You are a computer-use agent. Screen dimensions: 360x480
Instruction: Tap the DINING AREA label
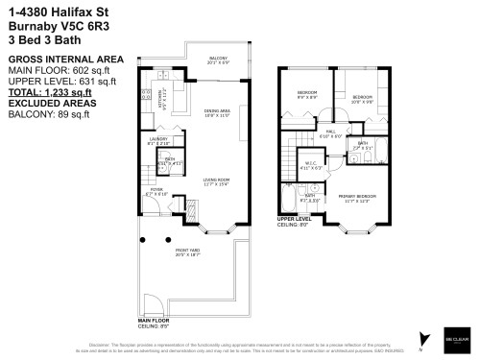[216, 112]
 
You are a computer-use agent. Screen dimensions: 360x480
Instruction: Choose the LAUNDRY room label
[158, 139]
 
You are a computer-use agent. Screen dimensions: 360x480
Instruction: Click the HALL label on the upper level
[329, 132]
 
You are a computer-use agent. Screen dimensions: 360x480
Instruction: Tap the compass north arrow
[420, 336]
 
